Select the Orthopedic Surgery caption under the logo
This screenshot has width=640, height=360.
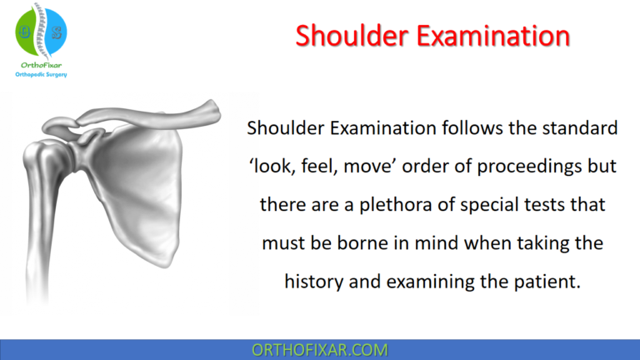point(42,74)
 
